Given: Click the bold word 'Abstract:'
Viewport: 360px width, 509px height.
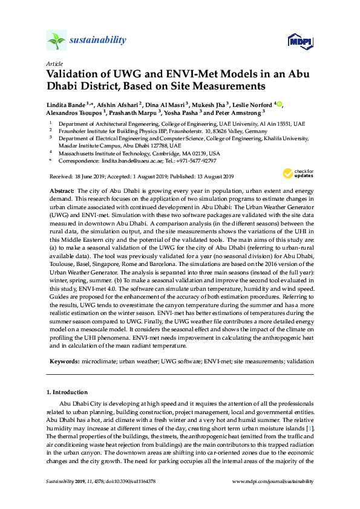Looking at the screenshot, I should point(61,190).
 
